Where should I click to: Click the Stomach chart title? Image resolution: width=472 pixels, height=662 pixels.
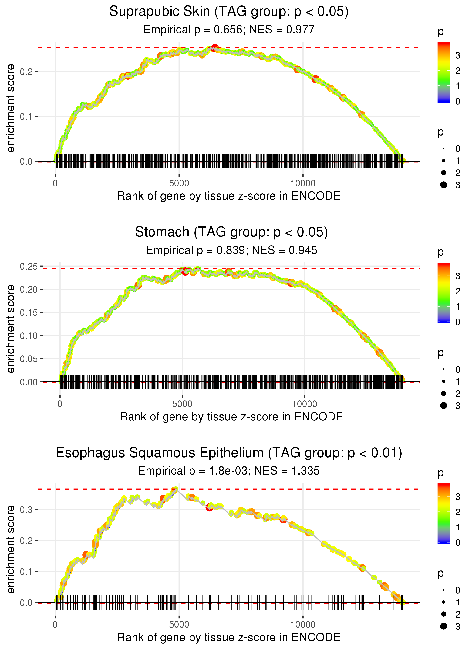point(231,232)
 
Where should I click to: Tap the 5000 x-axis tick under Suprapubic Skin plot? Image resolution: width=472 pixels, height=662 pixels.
point(179,183)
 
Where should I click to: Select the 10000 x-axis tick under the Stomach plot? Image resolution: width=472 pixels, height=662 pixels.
point(305,404)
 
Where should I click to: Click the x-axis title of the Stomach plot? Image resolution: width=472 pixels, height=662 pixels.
point(231,417)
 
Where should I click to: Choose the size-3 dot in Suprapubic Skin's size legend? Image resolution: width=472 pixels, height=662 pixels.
point(443,185)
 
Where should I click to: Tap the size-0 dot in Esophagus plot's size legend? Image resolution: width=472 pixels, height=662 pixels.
point(443,590)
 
